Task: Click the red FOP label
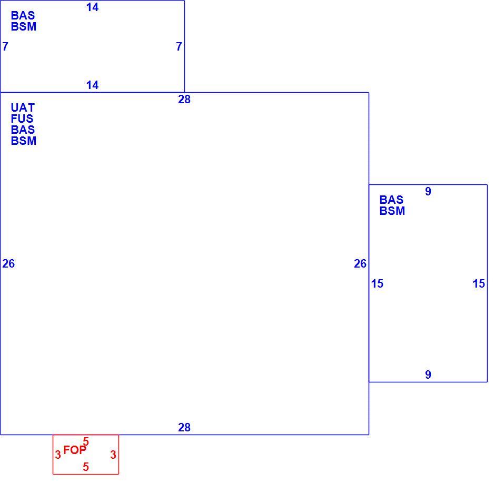click(x=75, y=450)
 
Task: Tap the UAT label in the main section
click(x=23, y=107)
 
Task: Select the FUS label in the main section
click(x=22, y=119)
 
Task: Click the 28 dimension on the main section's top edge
click(x=184, y=100)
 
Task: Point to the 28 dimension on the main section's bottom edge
click(x=184, y=428)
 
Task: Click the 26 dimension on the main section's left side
click(x=8, y=263)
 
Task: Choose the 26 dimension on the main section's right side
click(x=360, y=263)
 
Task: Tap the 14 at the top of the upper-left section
click(x=93, y=7)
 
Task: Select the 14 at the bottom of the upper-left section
click(x=93, y=85)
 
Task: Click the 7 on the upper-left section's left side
click(x=5, y=47)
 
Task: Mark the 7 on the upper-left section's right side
click(x=179, y=47)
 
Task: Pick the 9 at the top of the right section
click(x=428, y=191)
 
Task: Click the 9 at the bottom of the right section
click(x=428, y=374)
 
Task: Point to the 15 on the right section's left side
click(x=377, y=284)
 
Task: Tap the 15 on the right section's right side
click(x=479, y=284)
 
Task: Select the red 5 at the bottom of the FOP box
click(x=86, y=467)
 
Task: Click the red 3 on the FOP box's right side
click(x=113, y=455)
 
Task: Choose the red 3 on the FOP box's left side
click(x=58, y=455)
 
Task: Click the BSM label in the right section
click(x=392, y=211)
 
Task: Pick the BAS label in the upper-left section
click(x=23, y=15)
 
